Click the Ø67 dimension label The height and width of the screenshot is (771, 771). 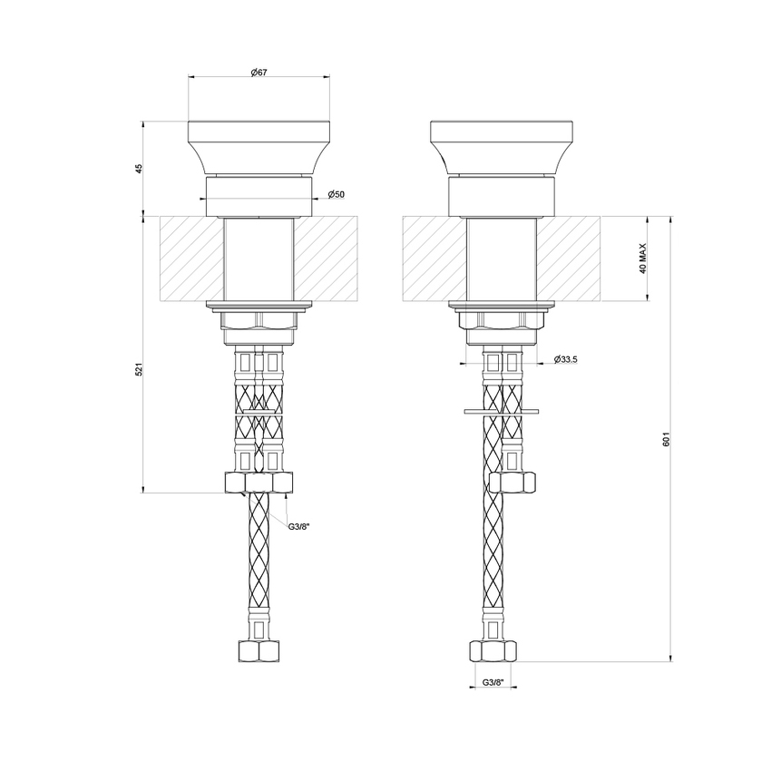(x=258, y=73)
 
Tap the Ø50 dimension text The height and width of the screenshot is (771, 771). (x=335, y=195)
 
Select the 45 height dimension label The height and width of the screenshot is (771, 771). (x=140, y=170)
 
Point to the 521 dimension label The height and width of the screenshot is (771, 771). (x=139, y=370)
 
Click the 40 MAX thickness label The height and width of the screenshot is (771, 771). (x=641, y=259)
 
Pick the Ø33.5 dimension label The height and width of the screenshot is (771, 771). (x=565, y=360)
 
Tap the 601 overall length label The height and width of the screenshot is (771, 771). (x=666, y=439)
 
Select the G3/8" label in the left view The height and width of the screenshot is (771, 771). (x=300, y=527)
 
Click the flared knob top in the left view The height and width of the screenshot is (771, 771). (x=258, y=145)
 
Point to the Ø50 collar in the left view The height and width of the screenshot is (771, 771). (x=258, y=194)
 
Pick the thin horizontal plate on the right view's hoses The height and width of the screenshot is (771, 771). (x=502, y=412)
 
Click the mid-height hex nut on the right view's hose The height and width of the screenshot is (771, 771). (x=511, y=483)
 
